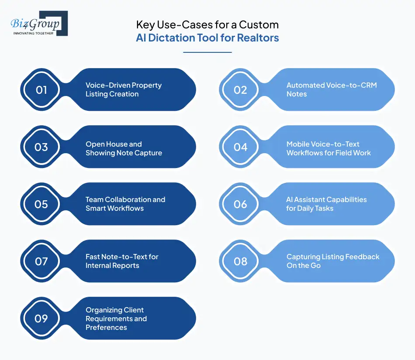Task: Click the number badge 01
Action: [41, 90]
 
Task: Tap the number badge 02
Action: [241, 90]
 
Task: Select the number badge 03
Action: [41, 147]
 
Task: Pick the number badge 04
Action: [241, 147]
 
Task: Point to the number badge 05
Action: [41, 204]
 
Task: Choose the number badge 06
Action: [241, 204]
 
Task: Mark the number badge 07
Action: [41, 261]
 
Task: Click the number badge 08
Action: [241, 261]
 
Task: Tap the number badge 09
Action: [41, 319]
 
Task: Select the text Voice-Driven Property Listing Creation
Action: [123, 89]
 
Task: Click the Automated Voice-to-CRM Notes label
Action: [331, 89]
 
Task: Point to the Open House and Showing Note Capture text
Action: [124, 148]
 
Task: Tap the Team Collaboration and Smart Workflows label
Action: [125, 204]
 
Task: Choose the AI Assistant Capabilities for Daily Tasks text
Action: [326, 204]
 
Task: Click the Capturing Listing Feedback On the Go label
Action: [333, 261]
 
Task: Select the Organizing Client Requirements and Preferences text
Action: [116, 319]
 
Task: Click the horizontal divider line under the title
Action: [207, 52]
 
